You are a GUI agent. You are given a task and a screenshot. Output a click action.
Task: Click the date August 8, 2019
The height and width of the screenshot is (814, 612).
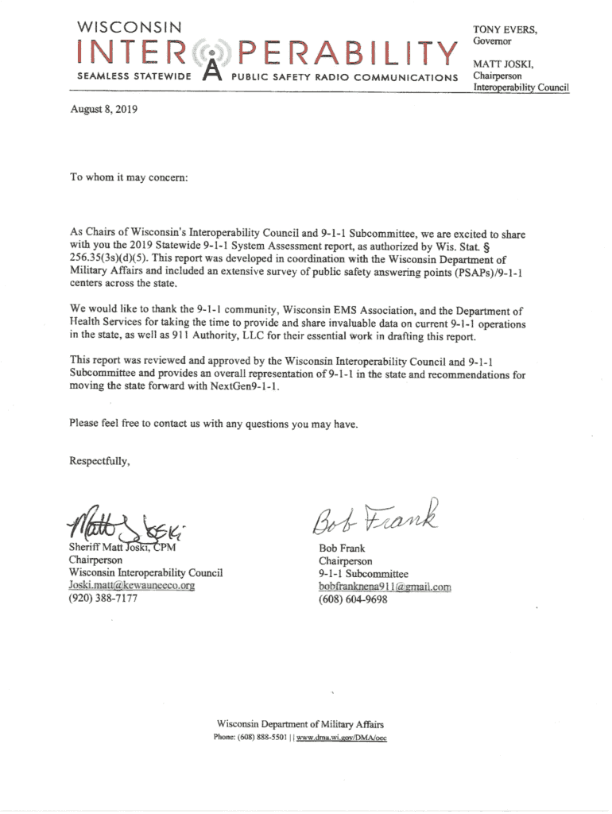tap(104, 111)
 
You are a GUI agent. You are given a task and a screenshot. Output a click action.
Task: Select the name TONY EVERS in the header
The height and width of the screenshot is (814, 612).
tap(505, 29)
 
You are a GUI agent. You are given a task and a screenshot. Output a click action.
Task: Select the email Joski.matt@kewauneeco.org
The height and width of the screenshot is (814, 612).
tap(132, 585)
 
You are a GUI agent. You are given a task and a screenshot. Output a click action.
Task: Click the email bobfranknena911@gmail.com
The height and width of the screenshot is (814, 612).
tap(385, 587)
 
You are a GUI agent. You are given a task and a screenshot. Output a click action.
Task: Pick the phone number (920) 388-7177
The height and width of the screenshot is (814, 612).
tap(103, 598)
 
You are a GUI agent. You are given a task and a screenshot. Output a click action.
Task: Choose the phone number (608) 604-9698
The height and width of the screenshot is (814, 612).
tap(353, 600)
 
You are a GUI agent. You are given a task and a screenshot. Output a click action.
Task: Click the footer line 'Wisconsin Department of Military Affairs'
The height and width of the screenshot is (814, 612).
tap(300, 724)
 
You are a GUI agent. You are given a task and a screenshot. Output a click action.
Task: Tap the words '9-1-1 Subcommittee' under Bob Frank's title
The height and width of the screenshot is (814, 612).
tap(363, 573)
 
